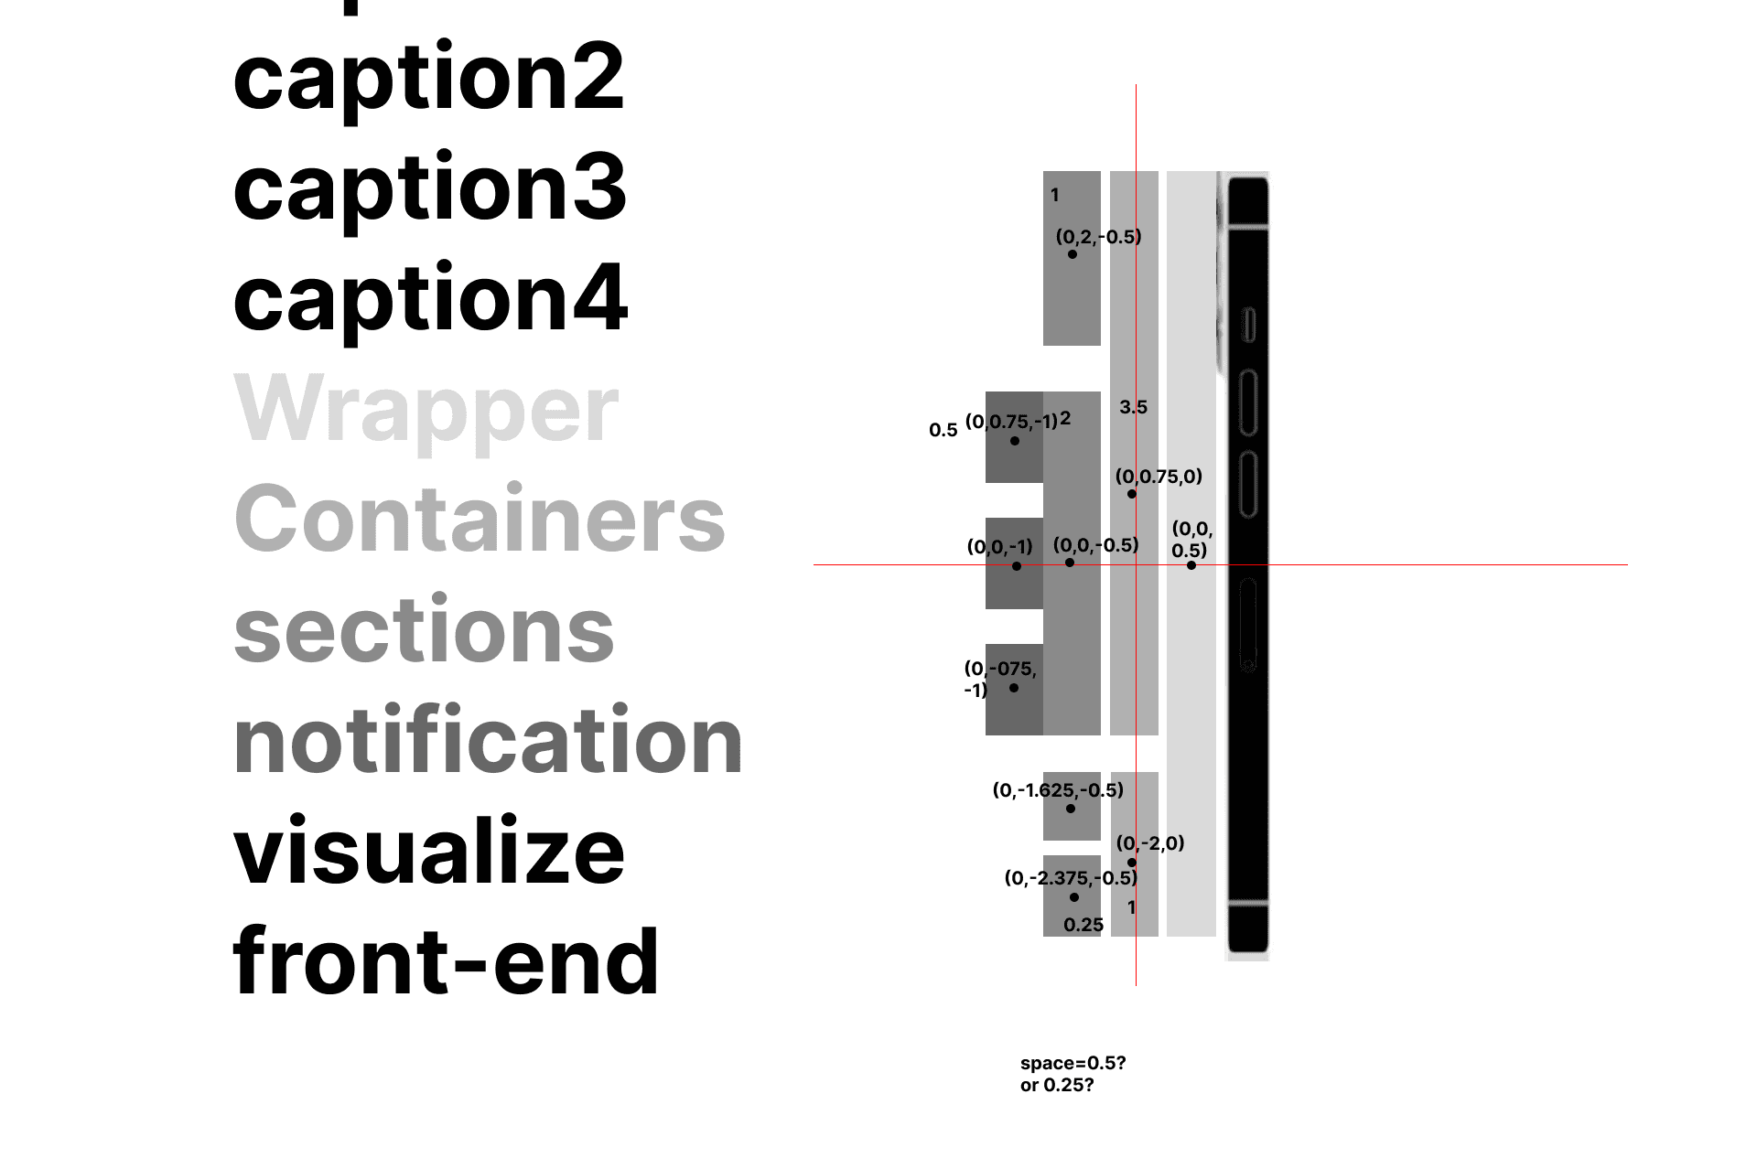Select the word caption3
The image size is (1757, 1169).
point(429,188)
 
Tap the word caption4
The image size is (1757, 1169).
point(430,299)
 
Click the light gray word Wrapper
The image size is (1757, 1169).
point(426,410)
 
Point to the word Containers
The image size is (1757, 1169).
point(480,520)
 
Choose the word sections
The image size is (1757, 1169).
point(424,630)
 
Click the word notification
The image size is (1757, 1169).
point(488,741)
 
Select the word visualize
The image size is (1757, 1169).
point(428,852)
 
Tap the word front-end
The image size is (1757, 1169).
point(446,961)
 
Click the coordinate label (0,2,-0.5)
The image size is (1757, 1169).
point(1098,237)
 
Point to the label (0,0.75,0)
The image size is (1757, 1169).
point(1159,477)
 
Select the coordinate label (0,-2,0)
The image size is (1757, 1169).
point(1149,843)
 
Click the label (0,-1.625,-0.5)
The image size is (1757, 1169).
point(1058,790)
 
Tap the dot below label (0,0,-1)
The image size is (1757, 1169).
point(1017,566)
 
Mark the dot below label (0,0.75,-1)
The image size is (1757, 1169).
point(1014,441)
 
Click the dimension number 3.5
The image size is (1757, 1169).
point(1133,408)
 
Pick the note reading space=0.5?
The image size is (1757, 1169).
point(1073,1064)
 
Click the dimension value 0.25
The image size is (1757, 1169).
point(1083,926)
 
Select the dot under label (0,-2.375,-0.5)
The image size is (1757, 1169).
point(1074,897)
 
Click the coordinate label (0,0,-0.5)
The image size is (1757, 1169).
point(1095,545)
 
